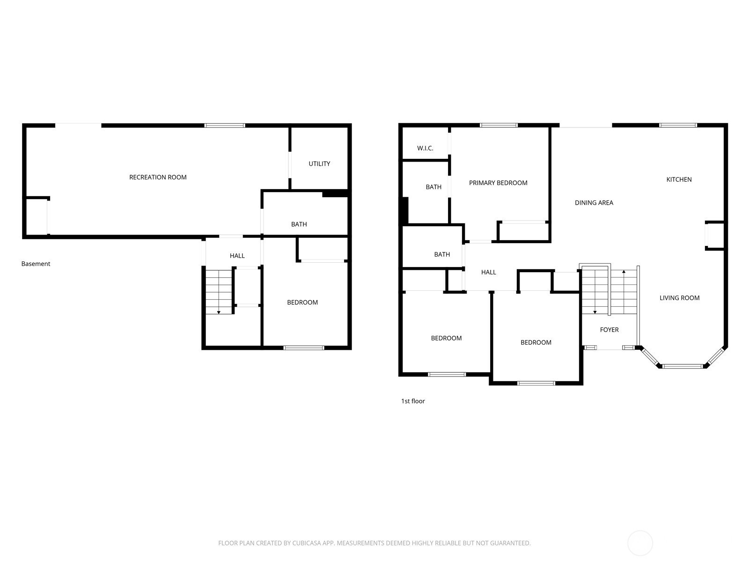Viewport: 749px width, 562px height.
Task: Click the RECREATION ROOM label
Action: click(x=158, y=177)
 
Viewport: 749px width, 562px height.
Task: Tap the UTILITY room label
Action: click(x=319, y=164)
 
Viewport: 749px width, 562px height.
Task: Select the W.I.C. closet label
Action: click(x=425, y=148)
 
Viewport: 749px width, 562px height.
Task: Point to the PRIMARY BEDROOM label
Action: click(x=498, y=183)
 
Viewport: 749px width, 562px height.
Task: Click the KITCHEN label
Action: click(x=679, y=179)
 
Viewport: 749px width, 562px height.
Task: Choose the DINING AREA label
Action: click(x=594, y=203)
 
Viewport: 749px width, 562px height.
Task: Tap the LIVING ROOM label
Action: click(x=679, y=298)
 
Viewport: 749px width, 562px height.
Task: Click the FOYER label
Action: click(x=609, y=330)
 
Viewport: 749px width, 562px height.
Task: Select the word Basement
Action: click(x=36, y=264)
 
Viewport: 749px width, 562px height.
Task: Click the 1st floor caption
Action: click(x=412, y=401)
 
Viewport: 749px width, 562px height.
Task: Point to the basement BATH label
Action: click(x=299, y=224)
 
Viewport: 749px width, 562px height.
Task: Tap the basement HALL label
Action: click(x=237, y=256)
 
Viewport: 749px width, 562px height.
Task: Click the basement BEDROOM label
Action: click(x=302, y=303)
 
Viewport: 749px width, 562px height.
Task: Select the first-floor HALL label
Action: click(x=488, y=272)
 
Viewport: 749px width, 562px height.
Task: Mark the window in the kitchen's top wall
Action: click(x=678, y=125)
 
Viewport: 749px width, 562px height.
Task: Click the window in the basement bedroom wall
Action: click(x=303, y=348)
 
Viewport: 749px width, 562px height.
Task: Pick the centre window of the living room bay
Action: click(x=683, y=366)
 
